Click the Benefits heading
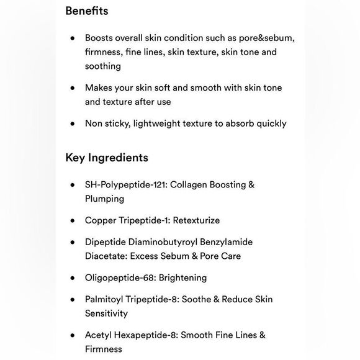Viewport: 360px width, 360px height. (x=87, y=11)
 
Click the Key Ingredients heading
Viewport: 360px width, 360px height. (x=107, y=158)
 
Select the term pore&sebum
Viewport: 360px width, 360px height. (x=264, y=37)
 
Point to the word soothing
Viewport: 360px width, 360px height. (x=103, y=66)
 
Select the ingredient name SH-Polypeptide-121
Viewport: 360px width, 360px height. (x=126, y=184)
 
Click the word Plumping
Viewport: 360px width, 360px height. (x=105, y=199)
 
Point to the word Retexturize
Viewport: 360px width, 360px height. (x=196, y=220)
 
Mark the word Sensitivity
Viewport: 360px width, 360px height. (x=107, y=313)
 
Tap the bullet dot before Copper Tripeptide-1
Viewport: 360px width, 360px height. (x=73, y=220)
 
